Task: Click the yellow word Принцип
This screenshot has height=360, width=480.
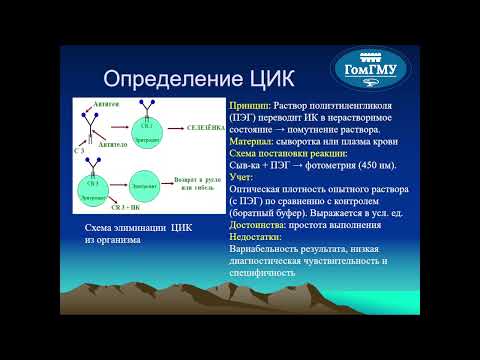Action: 248,105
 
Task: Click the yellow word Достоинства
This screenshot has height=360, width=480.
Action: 260,225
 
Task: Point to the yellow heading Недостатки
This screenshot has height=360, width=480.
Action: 258,237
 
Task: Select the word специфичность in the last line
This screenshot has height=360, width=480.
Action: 263,272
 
